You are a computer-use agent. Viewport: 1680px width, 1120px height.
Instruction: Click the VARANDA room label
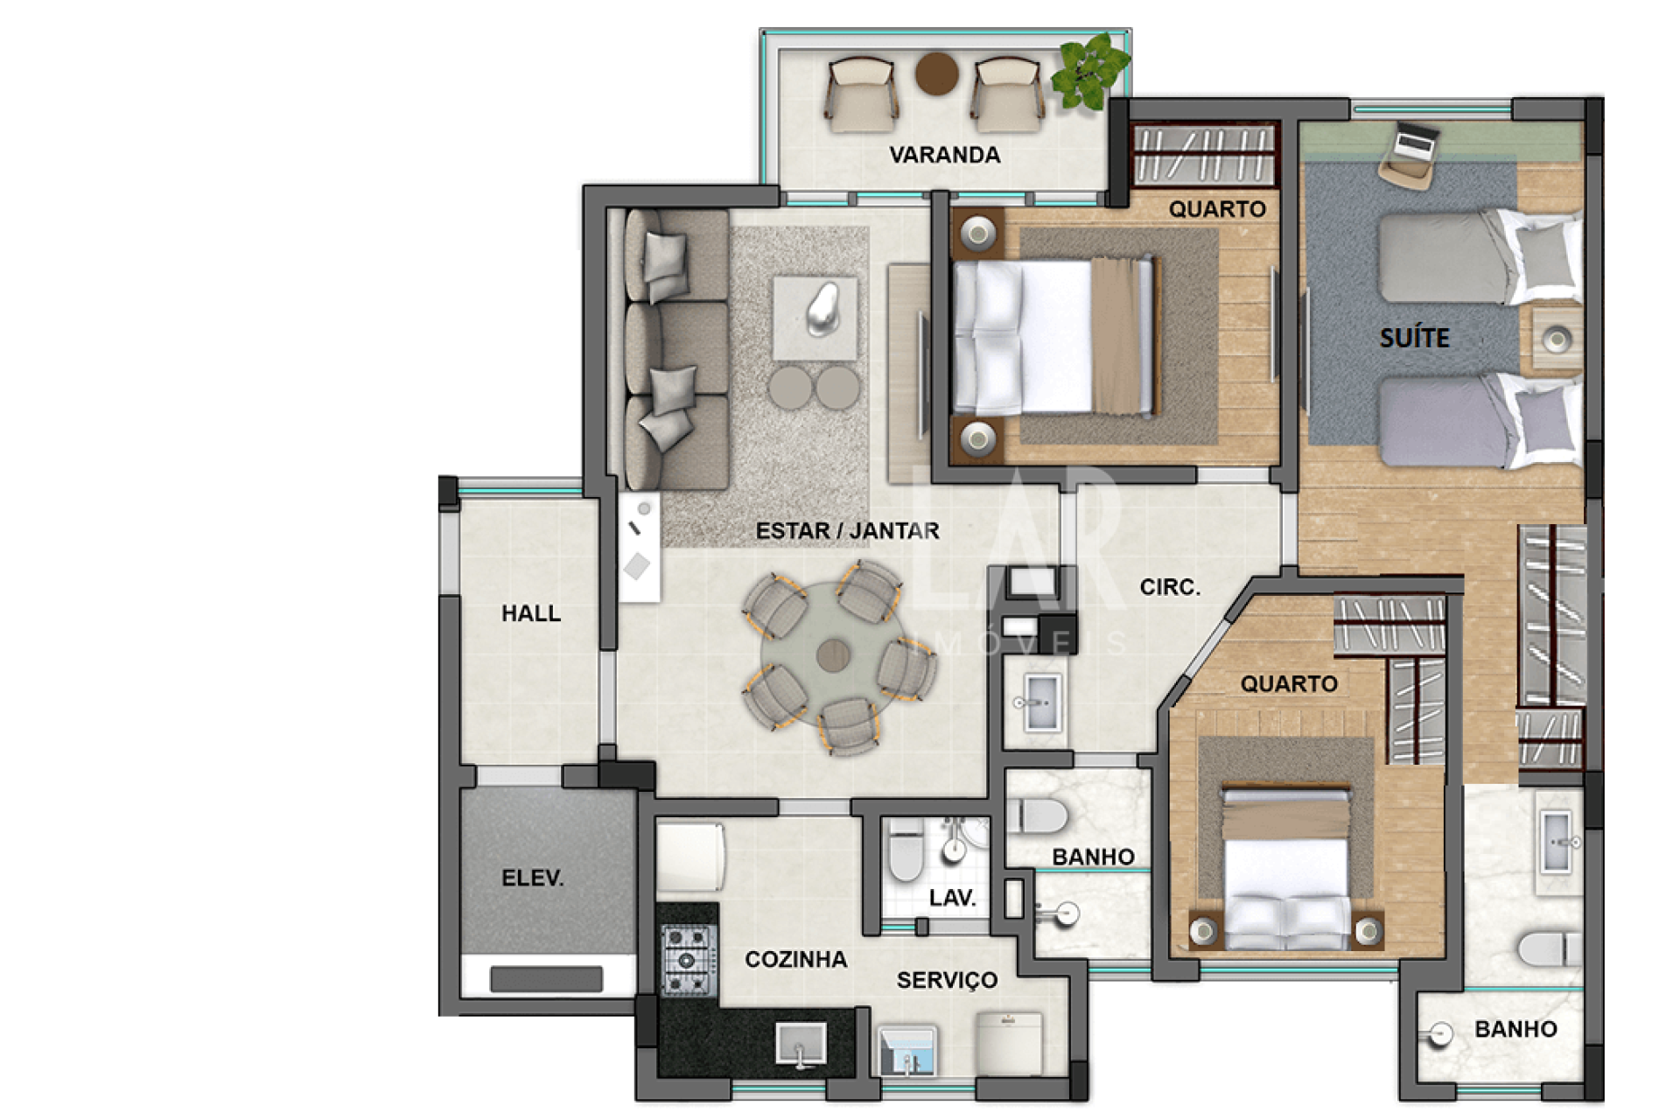pos(944,155)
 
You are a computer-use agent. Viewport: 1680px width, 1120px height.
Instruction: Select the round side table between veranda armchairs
pos(936,73)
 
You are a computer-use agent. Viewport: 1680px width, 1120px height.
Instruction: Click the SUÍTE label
pos(1414,338)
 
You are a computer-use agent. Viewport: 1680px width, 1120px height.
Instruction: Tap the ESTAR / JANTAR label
pos(847,530)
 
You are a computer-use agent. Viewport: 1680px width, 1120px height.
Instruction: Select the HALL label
pos(531,613)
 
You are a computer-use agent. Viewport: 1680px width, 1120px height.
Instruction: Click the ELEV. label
pos(532,878)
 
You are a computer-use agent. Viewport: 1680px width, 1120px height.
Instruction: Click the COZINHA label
pos(795,960)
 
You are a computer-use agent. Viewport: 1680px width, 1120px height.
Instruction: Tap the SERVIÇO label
pos(947,980)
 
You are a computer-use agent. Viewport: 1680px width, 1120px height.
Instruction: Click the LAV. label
pos(952,899)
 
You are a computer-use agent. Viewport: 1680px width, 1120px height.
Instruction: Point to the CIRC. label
pos(1170,587)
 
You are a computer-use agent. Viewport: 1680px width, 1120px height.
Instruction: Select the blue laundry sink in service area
pos(906,1050)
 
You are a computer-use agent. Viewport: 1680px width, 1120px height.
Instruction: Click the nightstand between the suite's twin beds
pos(1557,339)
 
